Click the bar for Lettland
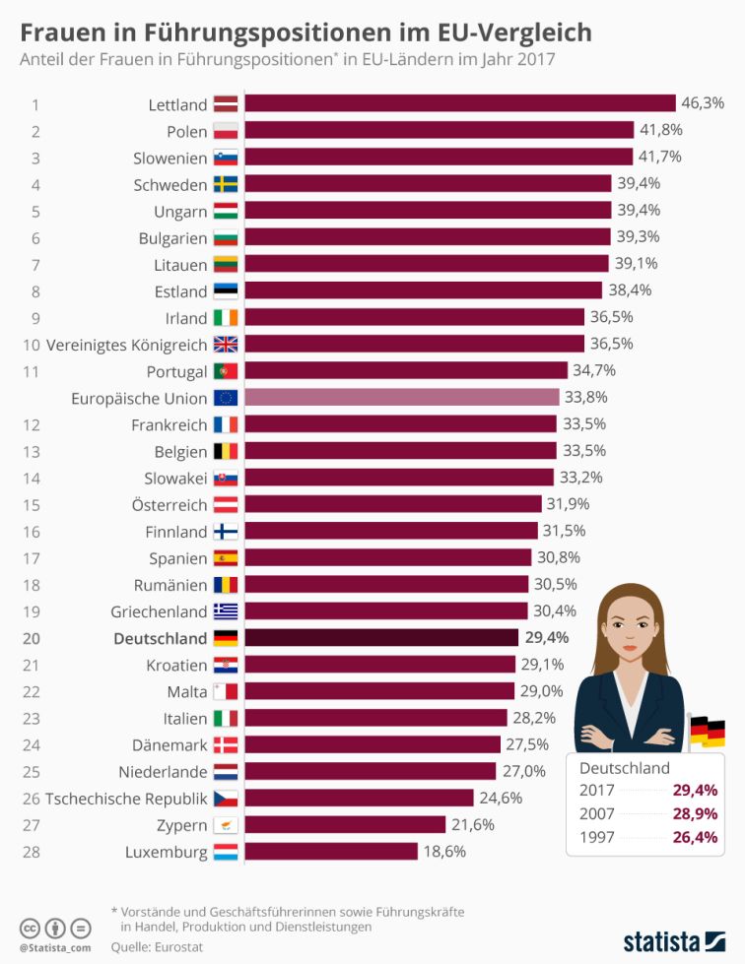(x=458, y=103)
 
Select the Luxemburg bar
(x=331, y=852)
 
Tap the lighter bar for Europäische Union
(x=402, y=398)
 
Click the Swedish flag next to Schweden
(x=225, y=184)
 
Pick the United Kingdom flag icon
(x=225, y=345)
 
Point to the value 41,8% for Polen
(x=660, y=130)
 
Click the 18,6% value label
(x=444, y=852)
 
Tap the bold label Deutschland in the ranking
(x=161, y=638)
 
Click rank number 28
(x=34, y=852)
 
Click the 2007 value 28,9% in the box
(x=695, y=814)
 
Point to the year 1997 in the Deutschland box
(x=597, y=839)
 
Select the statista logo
(x=673, y=937)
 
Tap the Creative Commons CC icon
(x=30, y=927)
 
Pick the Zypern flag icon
(x=225, y=825)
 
